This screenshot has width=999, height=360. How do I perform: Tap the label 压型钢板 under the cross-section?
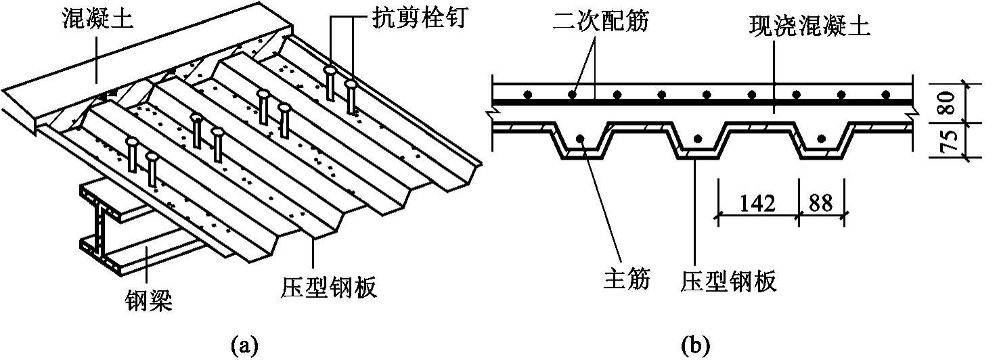(729, 279)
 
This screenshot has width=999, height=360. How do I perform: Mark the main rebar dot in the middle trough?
(696, 140)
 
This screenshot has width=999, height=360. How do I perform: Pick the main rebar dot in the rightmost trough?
(821, 139)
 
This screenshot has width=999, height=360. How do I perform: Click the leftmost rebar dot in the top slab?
(528, 94)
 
